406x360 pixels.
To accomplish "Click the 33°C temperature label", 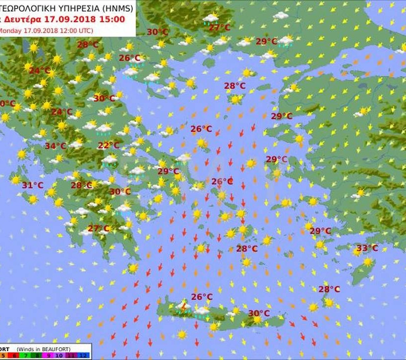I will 367,248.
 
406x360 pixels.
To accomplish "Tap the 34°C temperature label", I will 55,146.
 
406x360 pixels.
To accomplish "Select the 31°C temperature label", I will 33,185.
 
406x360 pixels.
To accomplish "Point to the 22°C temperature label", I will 108,146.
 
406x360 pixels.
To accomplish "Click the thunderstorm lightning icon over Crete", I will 184,308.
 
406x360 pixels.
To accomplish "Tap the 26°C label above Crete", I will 202,297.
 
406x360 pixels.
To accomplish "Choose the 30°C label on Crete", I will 259,313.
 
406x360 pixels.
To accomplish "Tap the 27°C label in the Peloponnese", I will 99,228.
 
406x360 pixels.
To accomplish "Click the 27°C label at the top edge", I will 219,28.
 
